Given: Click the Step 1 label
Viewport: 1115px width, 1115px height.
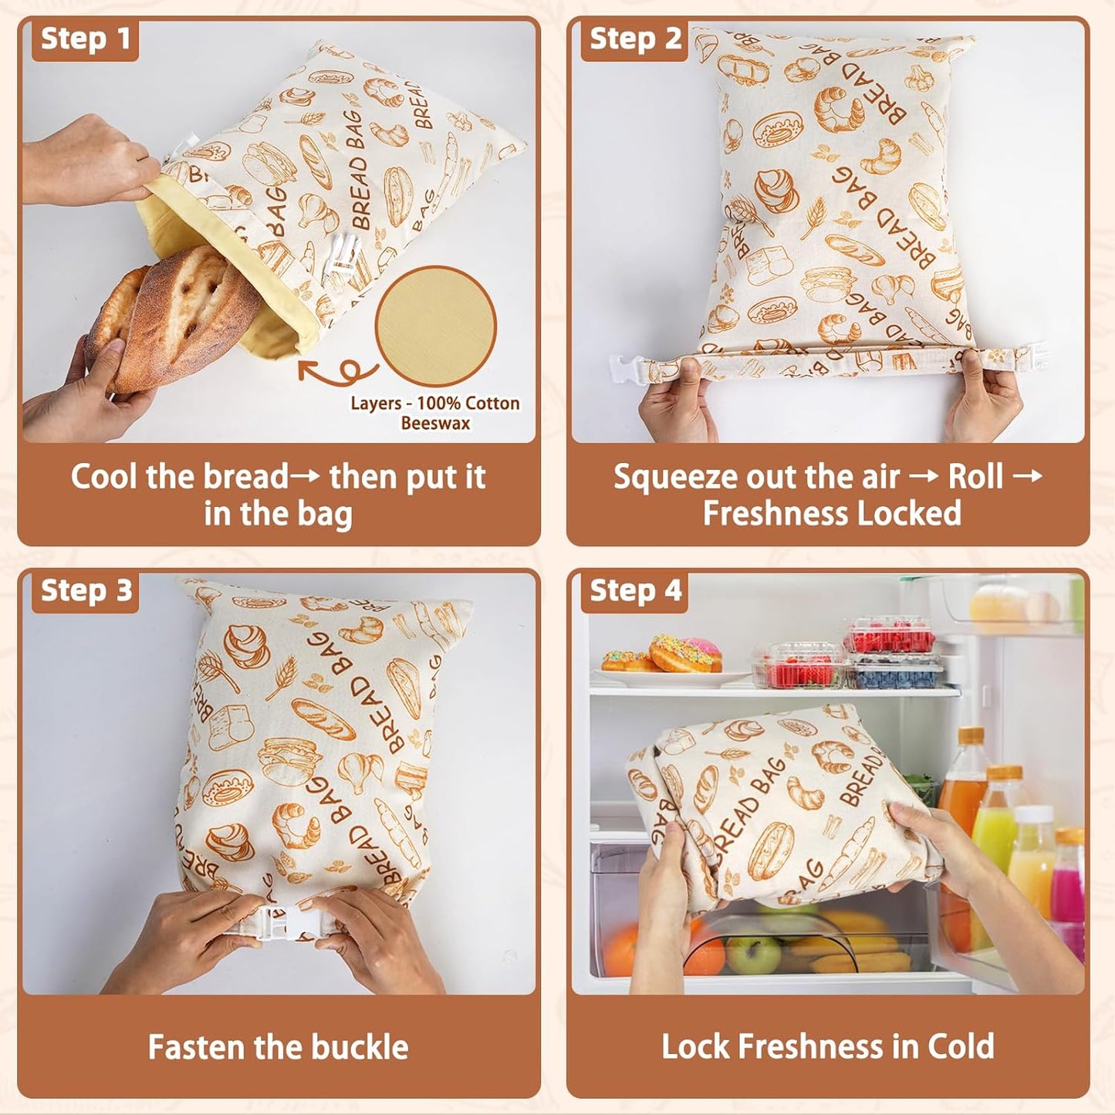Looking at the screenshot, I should tap(85, 39).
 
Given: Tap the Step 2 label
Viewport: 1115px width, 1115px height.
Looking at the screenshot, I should tap(634, 39).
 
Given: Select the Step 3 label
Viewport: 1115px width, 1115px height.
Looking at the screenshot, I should tap(86, 591).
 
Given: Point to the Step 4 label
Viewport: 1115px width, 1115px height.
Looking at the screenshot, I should tap(634, 591).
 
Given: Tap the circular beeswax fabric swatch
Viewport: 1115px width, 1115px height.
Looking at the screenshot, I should tap(435, 326).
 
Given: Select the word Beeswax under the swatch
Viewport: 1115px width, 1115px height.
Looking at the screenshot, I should tap(435, 423).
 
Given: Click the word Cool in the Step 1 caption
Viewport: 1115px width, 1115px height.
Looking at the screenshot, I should tap(105, 477).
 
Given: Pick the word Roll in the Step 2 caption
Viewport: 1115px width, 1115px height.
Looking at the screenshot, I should tap(975, 477).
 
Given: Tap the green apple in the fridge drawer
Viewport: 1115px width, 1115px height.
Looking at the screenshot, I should tap(752, 954).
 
